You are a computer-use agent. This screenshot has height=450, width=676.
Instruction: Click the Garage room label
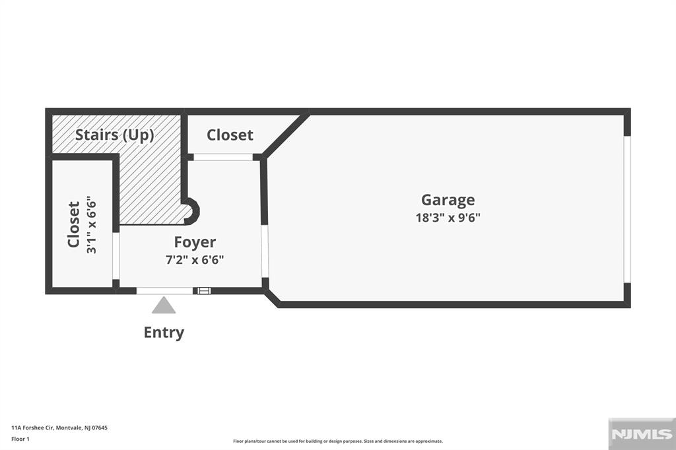[x=448, y=200]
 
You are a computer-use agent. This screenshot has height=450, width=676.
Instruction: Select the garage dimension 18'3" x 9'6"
[x=448, y=218]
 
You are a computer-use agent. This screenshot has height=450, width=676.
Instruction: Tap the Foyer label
[x=195, y=242]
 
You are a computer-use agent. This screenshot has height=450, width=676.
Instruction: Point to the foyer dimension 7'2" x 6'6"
[x=195, y=259]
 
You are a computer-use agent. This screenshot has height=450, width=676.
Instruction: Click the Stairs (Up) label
[x=114, y=135]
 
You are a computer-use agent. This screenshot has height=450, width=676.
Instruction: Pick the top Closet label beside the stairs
[x=230, y=135]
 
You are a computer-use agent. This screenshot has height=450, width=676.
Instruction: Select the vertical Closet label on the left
[x=74, y=224]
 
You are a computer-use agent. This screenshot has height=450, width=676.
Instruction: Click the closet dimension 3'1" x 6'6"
[x=92, y=224]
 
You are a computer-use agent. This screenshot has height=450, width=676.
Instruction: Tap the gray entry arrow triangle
[x=164, y=305]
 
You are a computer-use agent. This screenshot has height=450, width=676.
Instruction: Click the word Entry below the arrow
[x=164, y=333]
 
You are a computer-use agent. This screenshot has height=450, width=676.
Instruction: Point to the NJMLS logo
[x=641, y=434]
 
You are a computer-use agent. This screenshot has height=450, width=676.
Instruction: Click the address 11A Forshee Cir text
[x=59, y=428]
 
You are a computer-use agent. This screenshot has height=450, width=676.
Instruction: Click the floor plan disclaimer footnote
[x=337, y=441]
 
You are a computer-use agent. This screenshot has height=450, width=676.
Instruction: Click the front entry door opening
[x=164, y=290]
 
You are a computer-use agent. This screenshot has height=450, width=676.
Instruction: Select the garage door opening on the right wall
[x=627, y=209]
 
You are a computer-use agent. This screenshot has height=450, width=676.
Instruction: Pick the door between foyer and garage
[x=265, y=251]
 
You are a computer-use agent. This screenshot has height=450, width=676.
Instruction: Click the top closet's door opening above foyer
[x=223, y=157]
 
